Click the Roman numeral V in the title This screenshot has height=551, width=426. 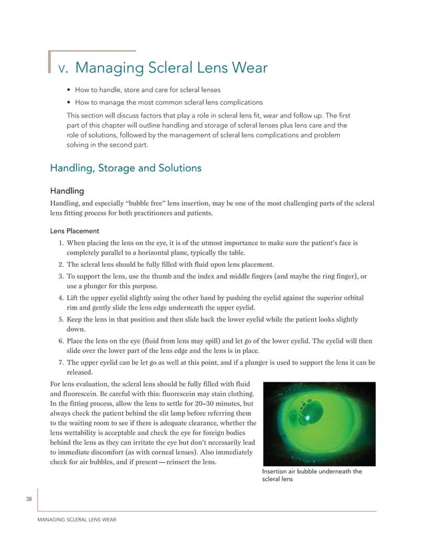(x=63, y=69)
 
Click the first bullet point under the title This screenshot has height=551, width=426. (x=69, y=90)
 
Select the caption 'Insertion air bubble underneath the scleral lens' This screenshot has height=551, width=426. (x=312, y=476)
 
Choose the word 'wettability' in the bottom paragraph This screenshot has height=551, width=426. (x=91, y=434)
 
